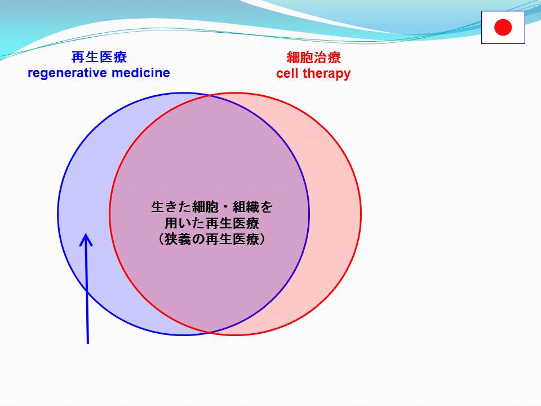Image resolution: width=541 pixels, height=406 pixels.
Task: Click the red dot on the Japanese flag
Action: [503, 27]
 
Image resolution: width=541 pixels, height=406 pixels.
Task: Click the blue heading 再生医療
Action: [99, 57]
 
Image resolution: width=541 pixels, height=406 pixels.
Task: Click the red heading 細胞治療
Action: [314, 58]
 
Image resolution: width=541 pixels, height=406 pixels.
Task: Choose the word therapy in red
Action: [326, 74]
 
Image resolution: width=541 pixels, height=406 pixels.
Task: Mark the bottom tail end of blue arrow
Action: [88, 343]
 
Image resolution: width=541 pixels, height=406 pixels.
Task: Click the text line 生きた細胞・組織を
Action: [211, 207]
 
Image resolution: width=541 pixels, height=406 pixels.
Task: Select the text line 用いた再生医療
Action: [211, 223]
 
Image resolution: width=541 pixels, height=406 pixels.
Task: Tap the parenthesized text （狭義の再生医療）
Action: [211, 239]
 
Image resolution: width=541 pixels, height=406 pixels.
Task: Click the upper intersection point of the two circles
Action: [210, 96]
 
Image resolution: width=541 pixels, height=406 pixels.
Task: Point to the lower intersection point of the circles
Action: [210, 332]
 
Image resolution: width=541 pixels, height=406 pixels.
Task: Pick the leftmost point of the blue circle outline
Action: [58, 214]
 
